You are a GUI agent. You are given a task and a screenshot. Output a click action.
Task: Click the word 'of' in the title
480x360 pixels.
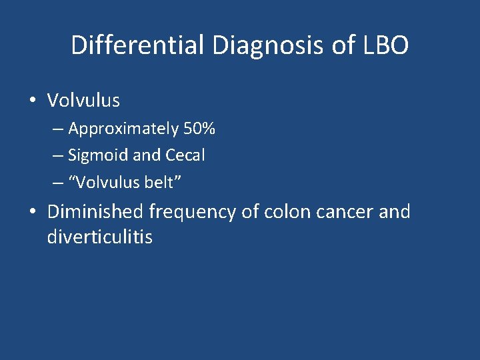(340, 45)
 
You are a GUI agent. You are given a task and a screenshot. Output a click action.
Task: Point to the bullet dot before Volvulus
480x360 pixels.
(33, 101)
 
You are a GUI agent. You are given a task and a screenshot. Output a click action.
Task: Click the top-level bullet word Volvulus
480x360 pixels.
(83, 101)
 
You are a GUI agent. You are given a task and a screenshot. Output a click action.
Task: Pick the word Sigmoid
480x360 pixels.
(98, 155)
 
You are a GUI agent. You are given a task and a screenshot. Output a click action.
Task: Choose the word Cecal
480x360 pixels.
(185, 155)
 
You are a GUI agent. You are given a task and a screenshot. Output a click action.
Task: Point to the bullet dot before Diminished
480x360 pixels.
(33, 213)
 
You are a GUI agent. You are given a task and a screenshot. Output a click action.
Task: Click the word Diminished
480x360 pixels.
(95, 212)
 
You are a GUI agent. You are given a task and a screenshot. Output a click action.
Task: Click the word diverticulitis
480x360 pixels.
(100, 237)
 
